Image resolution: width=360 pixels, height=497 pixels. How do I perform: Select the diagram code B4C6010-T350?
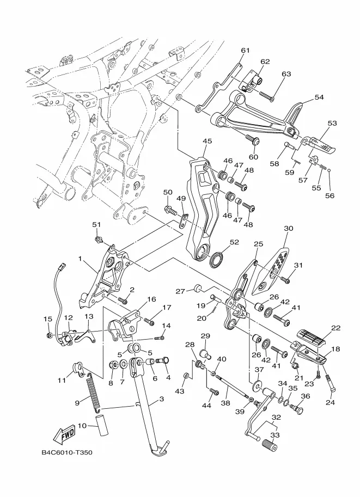(x=67, y=452)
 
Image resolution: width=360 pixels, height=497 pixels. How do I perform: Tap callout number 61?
(x=245, y=51)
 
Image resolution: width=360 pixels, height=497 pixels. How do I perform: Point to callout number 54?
(x=319, y=97)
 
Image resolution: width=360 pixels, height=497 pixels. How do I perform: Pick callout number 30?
(x=288, y=228)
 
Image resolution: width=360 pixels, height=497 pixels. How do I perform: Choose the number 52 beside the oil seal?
(x=234, y=242)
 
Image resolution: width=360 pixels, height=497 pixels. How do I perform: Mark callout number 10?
(x=82, y=425)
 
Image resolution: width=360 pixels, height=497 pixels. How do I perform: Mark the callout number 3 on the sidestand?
(x=161, y=399)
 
